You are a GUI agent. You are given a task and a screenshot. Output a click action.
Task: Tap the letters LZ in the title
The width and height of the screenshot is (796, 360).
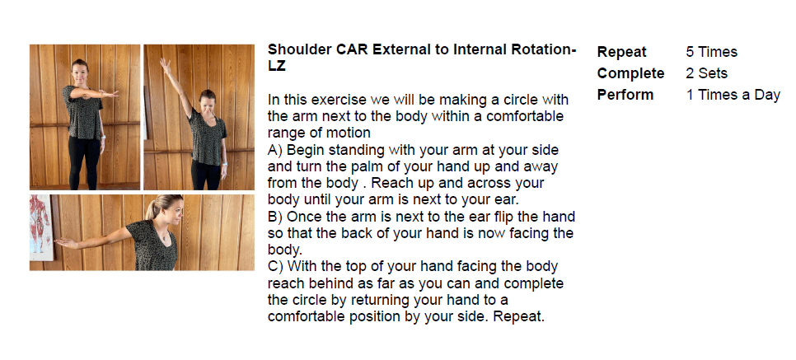[277, 66]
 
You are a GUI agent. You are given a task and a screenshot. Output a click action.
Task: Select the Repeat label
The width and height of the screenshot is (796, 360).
[621, 52]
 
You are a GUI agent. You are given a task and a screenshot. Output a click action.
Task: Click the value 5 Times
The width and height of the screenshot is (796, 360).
[711, 52]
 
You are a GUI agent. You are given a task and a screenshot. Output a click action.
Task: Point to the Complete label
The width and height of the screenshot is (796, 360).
[630, 73]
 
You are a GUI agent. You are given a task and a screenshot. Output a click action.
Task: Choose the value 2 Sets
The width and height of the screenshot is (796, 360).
[706, 73]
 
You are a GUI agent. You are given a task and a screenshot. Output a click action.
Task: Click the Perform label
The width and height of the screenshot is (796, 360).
[625, 95]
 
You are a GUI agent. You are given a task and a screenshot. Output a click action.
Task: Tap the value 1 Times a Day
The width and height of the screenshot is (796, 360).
[733, 95]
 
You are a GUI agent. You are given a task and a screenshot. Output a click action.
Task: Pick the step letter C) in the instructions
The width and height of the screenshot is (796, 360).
[276, 267]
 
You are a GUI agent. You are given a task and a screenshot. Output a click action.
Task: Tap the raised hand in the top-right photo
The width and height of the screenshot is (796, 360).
[165, 65]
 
